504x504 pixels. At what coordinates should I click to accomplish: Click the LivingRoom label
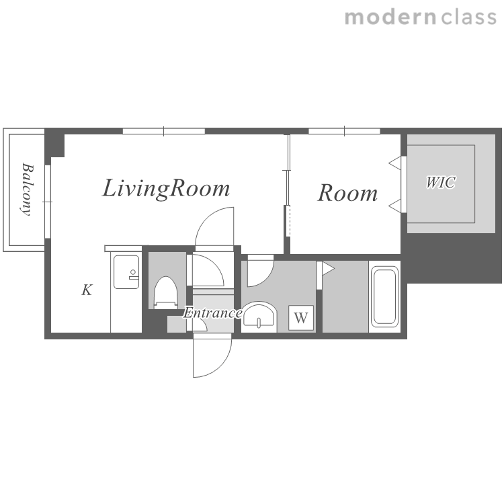point(166,189)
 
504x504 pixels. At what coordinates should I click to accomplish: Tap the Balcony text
point(28,190)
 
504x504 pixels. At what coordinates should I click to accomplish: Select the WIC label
point(441,182)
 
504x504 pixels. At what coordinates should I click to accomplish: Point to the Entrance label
point(212,312)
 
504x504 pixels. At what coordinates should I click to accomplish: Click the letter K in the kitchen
point(87,290)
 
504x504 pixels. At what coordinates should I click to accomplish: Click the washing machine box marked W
point(301,318)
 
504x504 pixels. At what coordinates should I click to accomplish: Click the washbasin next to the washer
point(259,316)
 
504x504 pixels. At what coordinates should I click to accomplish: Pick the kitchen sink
point(126,272)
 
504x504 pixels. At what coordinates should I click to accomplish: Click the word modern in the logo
point(390,17)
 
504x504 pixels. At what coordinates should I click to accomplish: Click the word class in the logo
point(468,17)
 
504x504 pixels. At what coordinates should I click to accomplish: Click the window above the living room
point(164,131)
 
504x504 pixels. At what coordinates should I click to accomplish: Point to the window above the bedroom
point(344,131)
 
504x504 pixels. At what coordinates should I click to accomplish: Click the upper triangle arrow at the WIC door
point(395,163)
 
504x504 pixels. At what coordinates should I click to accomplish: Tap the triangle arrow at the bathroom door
point(328,269)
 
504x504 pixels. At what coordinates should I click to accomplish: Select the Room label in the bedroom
point(347,193)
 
